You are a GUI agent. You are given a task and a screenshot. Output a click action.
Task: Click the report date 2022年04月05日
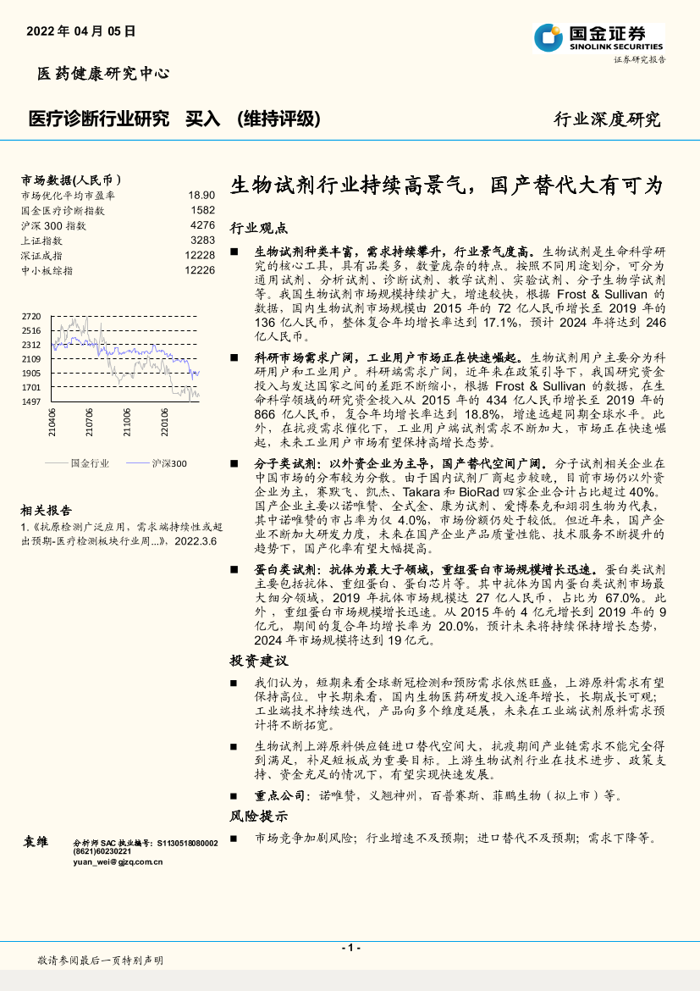[x=81, y=31]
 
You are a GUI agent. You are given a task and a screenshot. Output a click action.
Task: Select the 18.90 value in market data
[x=201, y=195]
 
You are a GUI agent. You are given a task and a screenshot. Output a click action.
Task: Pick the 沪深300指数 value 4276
[x=202, y=225]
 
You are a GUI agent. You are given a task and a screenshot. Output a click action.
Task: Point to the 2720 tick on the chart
[x=31, y=316]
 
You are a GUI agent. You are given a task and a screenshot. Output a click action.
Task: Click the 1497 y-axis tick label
[x=31, y=401]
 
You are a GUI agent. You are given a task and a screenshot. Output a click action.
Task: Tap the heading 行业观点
[x=259, y=229]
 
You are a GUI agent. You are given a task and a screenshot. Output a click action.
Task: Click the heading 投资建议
[x=259, y=661]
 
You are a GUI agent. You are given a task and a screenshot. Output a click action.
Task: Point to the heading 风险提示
[x=259, y=817]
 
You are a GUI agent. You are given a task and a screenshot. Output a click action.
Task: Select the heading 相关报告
[x=47, y=510]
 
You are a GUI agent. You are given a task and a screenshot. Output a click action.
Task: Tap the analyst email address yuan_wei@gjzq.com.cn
[x=118, y=862]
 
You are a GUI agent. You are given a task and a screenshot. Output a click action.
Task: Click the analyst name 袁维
[x=36, y=842]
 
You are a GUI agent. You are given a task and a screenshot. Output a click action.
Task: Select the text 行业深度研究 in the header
[x=607, y=119]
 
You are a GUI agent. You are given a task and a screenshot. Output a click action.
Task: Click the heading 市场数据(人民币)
[x=71, y=180]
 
